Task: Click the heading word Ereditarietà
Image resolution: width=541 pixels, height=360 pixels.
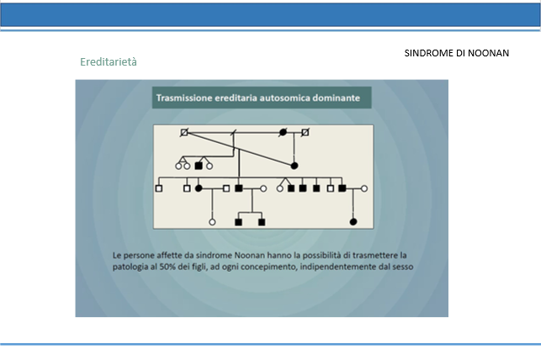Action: click(109, 62)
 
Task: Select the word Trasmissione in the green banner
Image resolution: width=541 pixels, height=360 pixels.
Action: click(184, 98)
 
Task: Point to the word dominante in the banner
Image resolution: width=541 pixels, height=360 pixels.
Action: click(336, 98)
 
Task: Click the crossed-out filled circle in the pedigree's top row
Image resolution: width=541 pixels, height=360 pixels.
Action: click(283, 132)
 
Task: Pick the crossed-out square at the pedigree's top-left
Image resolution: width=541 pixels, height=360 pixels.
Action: click(184, 132)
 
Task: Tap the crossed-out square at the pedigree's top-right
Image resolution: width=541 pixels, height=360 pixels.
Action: click(305, 132)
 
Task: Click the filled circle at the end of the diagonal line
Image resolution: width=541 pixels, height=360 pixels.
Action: click(294, 166)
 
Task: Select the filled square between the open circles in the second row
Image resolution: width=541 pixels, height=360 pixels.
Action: click(198, 166)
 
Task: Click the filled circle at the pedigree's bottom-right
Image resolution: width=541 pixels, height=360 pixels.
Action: click(353, 222)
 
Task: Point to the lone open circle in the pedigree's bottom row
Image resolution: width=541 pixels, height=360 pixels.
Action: click(212, 222)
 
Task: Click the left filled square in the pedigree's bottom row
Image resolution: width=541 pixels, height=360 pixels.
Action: click(238, 222)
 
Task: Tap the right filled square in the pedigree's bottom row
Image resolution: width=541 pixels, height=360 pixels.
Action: click(262, 222)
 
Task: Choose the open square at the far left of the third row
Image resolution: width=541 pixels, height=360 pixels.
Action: click(159, 188)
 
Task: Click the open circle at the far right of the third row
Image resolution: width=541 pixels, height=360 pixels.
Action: click(364, 188)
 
